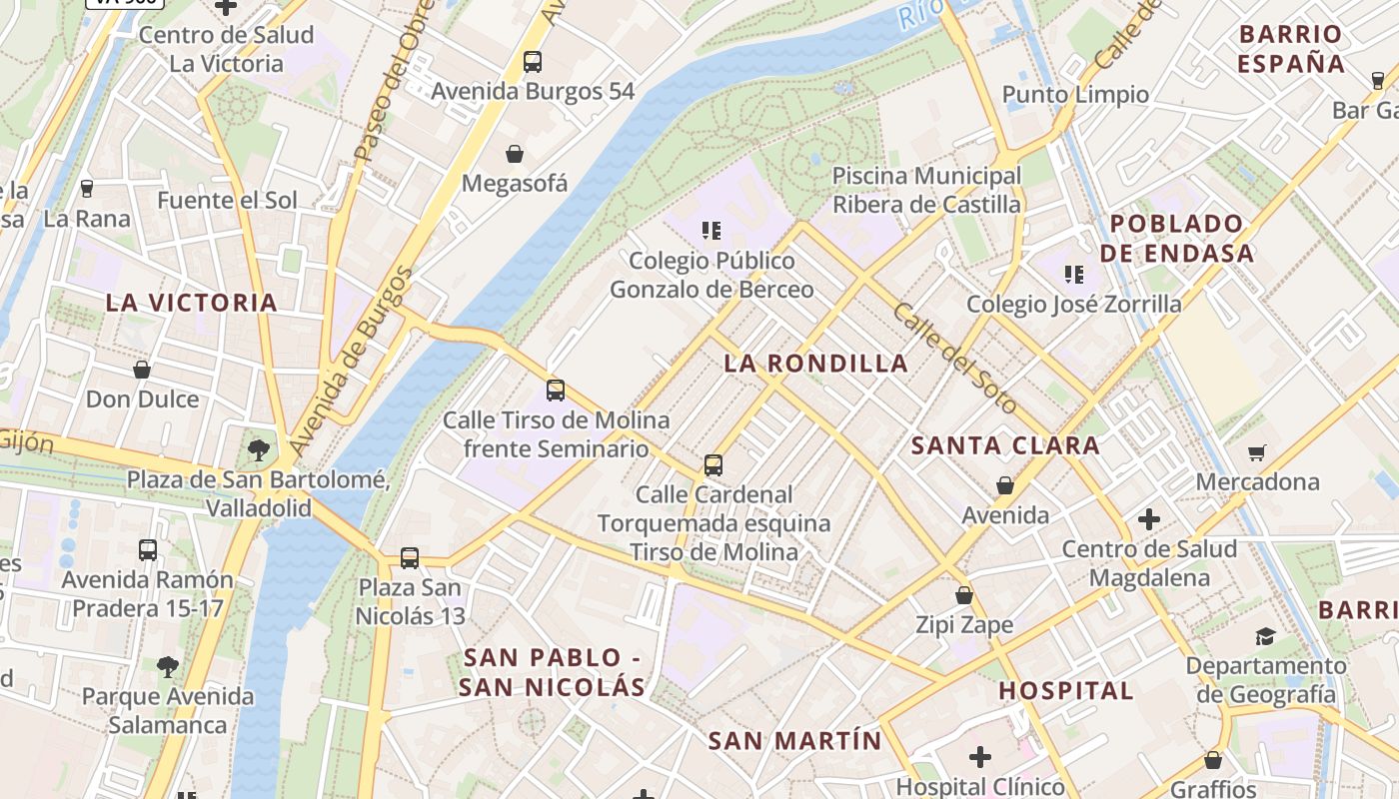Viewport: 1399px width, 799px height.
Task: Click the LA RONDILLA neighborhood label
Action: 816,364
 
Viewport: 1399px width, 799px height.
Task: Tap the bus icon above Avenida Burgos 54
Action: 533,62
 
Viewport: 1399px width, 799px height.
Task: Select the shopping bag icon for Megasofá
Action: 515,154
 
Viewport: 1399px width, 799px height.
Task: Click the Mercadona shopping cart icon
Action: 1257,453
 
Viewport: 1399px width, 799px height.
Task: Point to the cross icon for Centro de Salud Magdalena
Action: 1149,519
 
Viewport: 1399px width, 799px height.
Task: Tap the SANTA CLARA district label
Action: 1005,445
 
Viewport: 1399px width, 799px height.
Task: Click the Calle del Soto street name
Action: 954,359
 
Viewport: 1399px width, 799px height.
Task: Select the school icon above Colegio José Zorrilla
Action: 1074,274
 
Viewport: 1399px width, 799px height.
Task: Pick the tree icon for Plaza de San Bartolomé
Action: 258,450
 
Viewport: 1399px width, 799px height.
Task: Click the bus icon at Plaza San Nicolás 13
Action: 410,558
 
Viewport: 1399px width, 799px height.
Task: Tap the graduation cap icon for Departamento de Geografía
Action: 1265,636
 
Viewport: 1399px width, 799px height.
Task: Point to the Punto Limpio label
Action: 1075,95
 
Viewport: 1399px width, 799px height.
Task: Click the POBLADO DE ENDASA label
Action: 1176,238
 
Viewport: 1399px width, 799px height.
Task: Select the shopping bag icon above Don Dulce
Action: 142,370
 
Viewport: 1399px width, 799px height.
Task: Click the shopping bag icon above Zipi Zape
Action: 964,595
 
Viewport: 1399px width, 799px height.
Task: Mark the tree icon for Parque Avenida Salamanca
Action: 168,666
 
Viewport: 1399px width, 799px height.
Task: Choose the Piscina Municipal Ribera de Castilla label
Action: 927,190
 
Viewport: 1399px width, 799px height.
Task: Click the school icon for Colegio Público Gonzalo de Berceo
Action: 711,232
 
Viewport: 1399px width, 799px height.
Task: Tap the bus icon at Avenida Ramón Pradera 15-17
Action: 148,550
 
